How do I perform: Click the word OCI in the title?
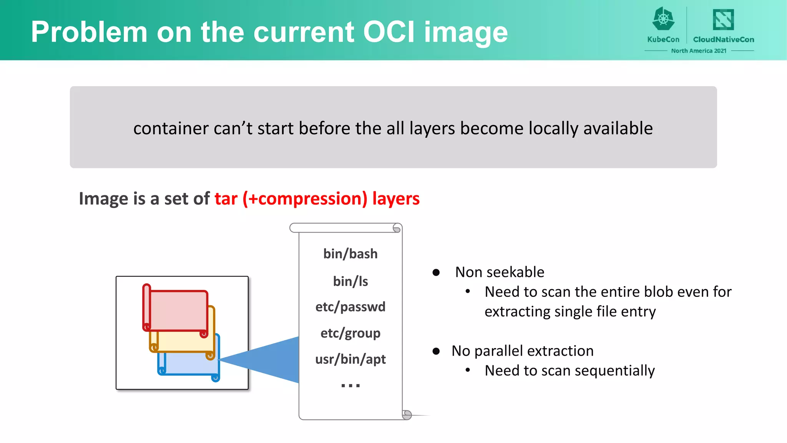click(389, 32)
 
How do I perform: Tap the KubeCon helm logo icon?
click(663, 19)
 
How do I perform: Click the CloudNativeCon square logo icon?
click(723, 20)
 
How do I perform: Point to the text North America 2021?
click(699, 51)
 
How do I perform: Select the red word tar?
click(226, 199)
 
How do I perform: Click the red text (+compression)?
click(305, 199)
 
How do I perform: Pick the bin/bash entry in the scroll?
click(350, 254)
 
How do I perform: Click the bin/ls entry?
click(350, 281)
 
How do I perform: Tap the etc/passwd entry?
click(350, 307)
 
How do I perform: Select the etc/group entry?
click(350, 333)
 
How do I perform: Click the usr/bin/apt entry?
click(350, 359)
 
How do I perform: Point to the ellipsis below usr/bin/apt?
click(350, 385)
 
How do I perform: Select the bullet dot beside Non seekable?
click(436, 273)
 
